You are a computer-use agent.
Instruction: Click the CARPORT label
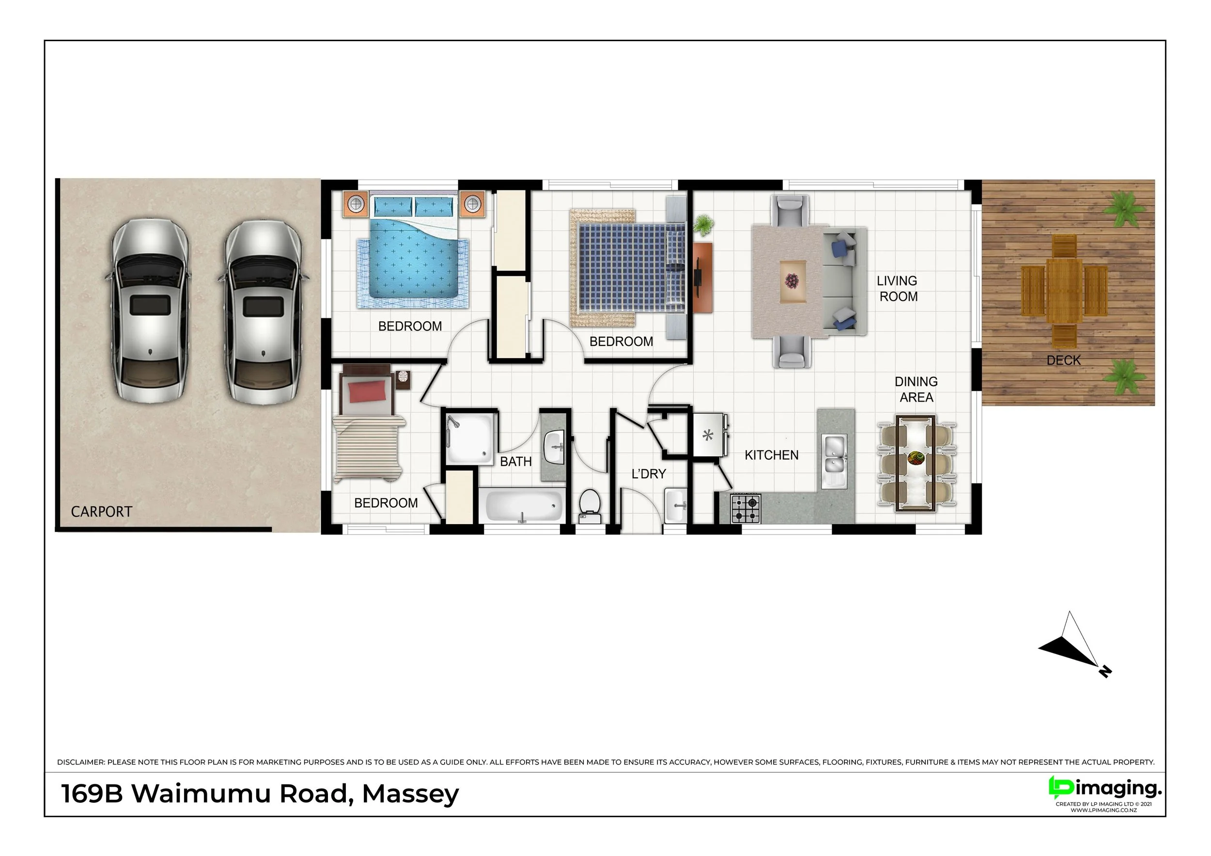(101, 512)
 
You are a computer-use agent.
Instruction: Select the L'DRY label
(649, 474)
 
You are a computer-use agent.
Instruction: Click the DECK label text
(1063, 360)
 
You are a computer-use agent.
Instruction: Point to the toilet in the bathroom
(590, 506)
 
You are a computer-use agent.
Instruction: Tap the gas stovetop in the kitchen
(746, 509)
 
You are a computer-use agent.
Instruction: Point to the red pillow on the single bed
(367, 393)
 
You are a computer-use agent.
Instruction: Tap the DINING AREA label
(916, 389)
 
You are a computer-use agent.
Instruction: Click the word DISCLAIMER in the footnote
(81, 762)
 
